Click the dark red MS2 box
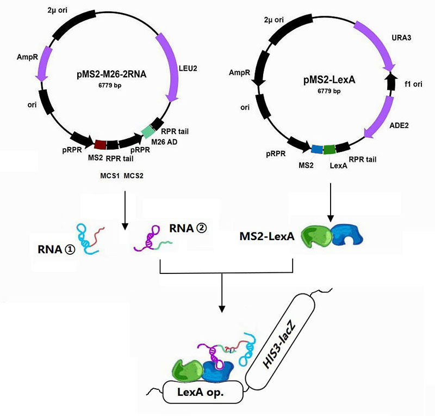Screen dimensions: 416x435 (x=101, y=144)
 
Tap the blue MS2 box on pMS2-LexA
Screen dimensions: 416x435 (x=316, y=149)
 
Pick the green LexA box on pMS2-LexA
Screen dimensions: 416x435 (x=329, y=149)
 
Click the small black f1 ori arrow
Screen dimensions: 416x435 (x=390, y=81)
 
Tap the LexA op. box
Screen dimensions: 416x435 (x=201, y=392)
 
